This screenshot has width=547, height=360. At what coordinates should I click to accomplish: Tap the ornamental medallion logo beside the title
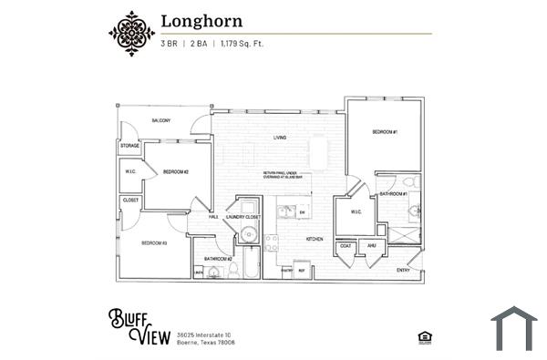click(131, 33)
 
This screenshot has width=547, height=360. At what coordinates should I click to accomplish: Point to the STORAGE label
click(129, 146)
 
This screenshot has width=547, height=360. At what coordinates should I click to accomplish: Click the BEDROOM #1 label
click(384, 133)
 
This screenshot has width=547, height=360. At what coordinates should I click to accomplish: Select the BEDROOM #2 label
click(175, 171)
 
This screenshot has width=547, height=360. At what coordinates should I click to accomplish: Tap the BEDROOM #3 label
click(153, 243)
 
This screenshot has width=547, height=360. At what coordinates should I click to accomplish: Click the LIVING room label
click(280, 139)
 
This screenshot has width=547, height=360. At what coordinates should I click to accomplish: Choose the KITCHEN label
click(315, 239)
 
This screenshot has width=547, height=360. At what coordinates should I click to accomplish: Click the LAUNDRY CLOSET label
click(243, 217)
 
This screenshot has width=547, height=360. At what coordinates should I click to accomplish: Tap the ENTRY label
click(403, 270)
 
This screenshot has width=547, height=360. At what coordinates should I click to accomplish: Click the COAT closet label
click(346, 245)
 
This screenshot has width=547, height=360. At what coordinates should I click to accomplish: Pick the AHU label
click(371, 245)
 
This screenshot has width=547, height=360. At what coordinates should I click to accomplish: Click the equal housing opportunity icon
click(424, 336)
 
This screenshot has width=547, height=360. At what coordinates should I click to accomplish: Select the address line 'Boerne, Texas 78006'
click(206, 343)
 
